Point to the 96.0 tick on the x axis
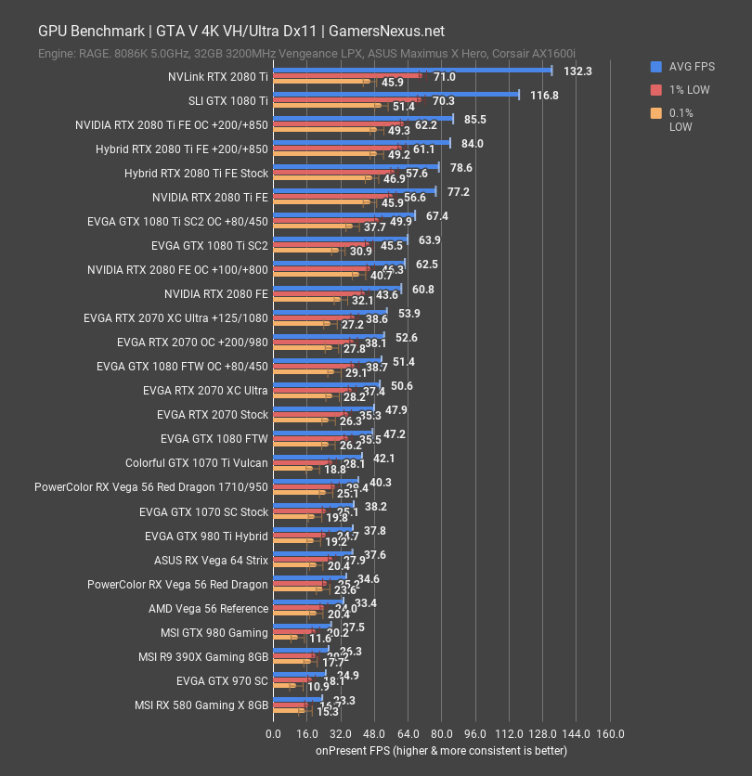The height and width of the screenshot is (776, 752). click(x=475, y=733)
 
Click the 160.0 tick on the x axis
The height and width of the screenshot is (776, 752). click(x=610, y=733)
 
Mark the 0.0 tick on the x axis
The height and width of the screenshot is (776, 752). click(x=273, y=733)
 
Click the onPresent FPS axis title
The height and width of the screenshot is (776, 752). click(x=440, y=750)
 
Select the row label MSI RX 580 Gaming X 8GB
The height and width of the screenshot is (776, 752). click(x=201, y=705)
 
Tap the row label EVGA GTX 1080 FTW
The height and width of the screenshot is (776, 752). click(x=214, y=438)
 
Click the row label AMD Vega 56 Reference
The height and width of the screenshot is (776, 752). click(x=208, y=609)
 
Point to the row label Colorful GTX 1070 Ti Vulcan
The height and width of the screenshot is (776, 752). click(x=197, y=462)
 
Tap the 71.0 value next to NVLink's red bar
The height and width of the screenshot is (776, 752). click(x=444, y=77)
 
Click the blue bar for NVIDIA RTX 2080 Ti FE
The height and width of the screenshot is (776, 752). click(x=354, y=191)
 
